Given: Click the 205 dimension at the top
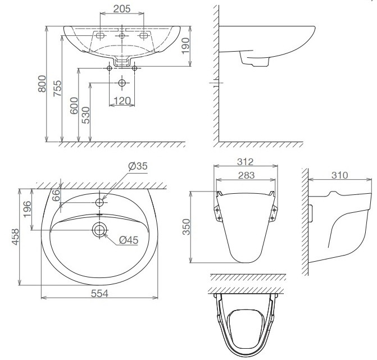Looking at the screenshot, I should (122, 9).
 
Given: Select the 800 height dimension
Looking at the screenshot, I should (41, 85).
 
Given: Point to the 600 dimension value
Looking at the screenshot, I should (74, 105).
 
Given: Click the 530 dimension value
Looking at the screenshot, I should (86, 114).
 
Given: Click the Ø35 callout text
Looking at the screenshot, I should (137, 167).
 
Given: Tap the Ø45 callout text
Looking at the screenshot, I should (129, 240).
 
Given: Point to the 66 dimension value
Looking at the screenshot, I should (56, 195).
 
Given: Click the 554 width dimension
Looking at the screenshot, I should (98, 293).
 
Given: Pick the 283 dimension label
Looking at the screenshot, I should (246, 175).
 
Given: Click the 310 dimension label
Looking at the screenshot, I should (339, 175).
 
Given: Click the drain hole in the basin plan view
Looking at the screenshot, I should (100, 229).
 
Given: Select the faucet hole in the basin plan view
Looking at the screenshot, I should (100, 202).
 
